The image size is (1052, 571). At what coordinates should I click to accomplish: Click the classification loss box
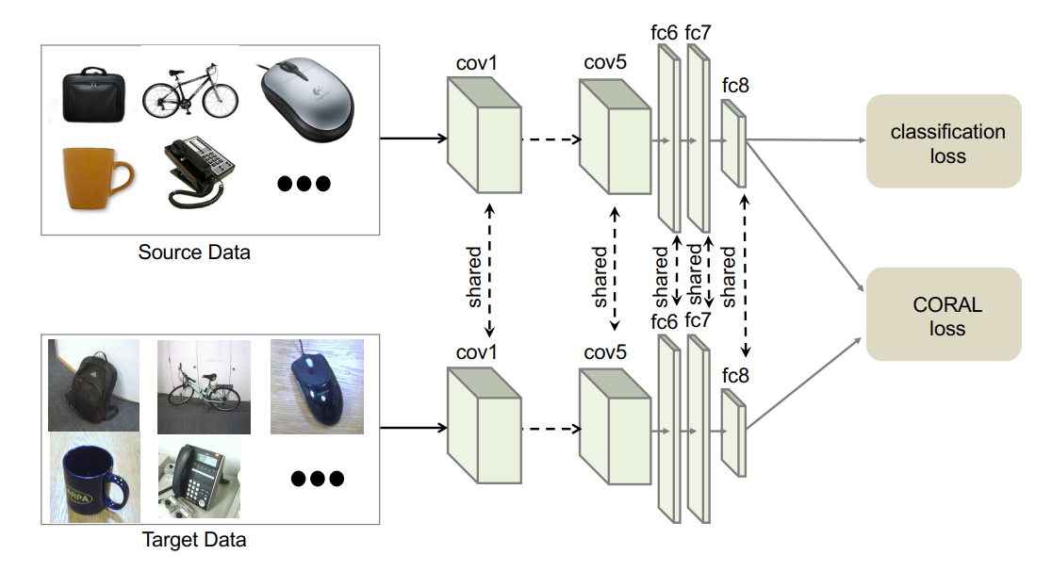coord(944,141)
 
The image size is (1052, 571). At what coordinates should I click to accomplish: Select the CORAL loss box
coord(944,315)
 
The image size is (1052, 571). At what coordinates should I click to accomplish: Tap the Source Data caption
coord(194,253)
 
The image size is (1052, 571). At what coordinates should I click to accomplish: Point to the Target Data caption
coord(194,541)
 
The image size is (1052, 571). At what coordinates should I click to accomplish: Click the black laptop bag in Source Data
coord(91,94)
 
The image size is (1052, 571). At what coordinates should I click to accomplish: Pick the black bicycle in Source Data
coord(190,92)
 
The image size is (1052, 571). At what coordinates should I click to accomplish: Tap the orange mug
coord(95,176)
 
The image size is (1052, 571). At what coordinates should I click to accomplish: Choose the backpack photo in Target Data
coord(93,384)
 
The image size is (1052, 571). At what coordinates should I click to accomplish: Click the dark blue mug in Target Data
coord(93,475)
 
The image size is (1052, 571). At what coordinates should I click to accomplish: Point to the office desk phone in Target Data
coord(198,477)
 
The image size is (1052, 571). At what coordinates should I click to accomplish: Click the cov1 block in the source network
coord(483,137)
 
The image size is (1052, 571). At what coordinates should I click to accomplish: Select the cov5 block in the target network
coord(616,424)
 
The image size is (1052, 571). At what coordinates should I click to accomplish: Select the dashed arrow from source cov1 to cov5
coord(551,139)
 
